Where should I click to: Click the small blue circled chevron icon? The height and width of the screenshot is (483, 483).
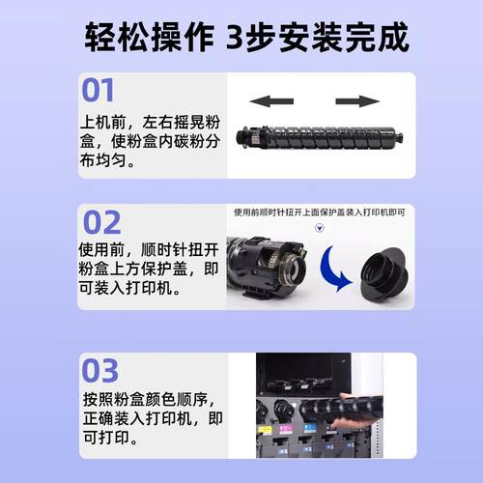322,230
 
